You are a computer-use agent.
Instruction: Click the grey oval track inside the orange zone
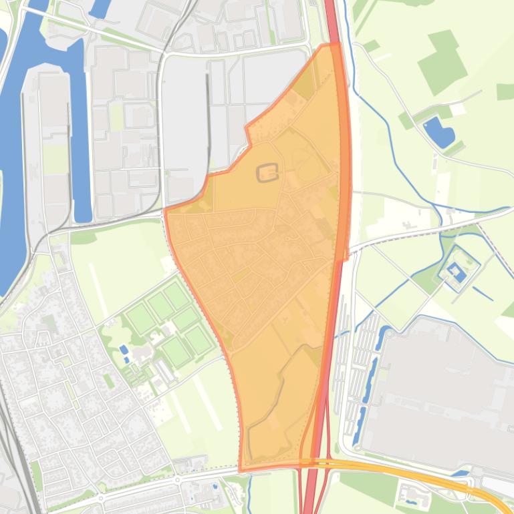click(x=267, y=173)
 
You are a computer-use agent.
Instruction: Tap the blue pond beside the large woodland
click(x=438, y=132)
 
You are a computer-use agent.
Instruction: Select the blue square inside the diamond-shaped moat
click(x=457, y=271)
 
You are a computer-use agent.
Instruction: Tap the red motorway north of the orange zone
click(x=331, y=20)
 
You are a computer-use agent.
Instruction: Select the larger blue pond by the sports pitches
click(x=124, y=349)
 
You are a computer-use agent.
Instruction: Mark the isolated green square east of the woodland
click(x=505, y=91)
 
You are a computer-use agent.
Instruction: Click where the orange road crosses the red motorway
click(x=311, y=462)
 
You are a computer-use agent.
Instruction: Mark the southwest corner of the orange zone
click(x=241, y=469)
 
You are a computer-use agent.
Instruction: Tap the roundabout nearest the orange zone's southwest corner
click(x=178, y=479)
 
